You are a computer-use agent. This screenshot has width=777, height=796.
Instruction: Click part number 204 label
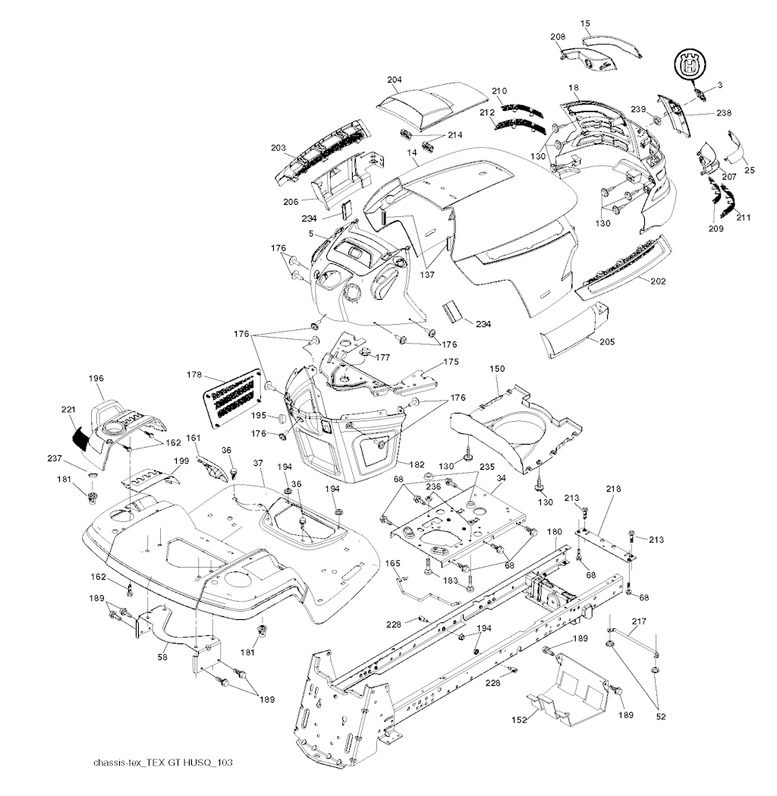point(394,80)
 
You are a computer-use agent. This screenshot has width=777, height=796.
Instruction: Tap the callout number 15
point(585,24)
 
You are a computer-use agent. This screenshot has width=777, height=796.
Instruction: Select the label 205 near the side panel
point(606,341)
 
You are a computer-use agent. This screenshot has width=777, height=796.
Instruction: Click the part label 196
point(96,378)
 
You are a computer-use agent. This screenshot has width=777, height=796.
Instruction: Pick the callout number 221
point(69,410)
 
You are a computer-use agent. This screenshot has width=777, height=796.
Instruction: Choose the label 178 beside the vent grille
point(194,374)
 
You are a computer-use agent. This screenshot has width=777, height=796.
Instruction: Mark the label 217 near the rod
point(638,621)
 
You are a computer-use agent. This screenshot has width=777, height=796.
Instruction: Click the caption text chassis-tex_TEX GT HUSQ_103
point(158,763)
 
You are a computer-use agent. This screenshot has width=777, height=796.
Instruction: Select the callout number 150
point(496,368)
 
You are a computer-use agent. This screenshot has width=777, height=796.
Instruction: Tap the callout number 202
point(658,281)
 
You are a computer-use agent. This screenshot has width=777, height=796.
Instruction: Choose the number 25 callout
point(749,170)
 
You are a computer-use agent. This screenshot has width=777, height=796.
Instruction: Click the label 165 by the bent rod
point(392,563)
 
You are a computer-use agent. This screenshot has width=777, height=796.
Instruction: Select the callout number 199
point(159,461)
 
